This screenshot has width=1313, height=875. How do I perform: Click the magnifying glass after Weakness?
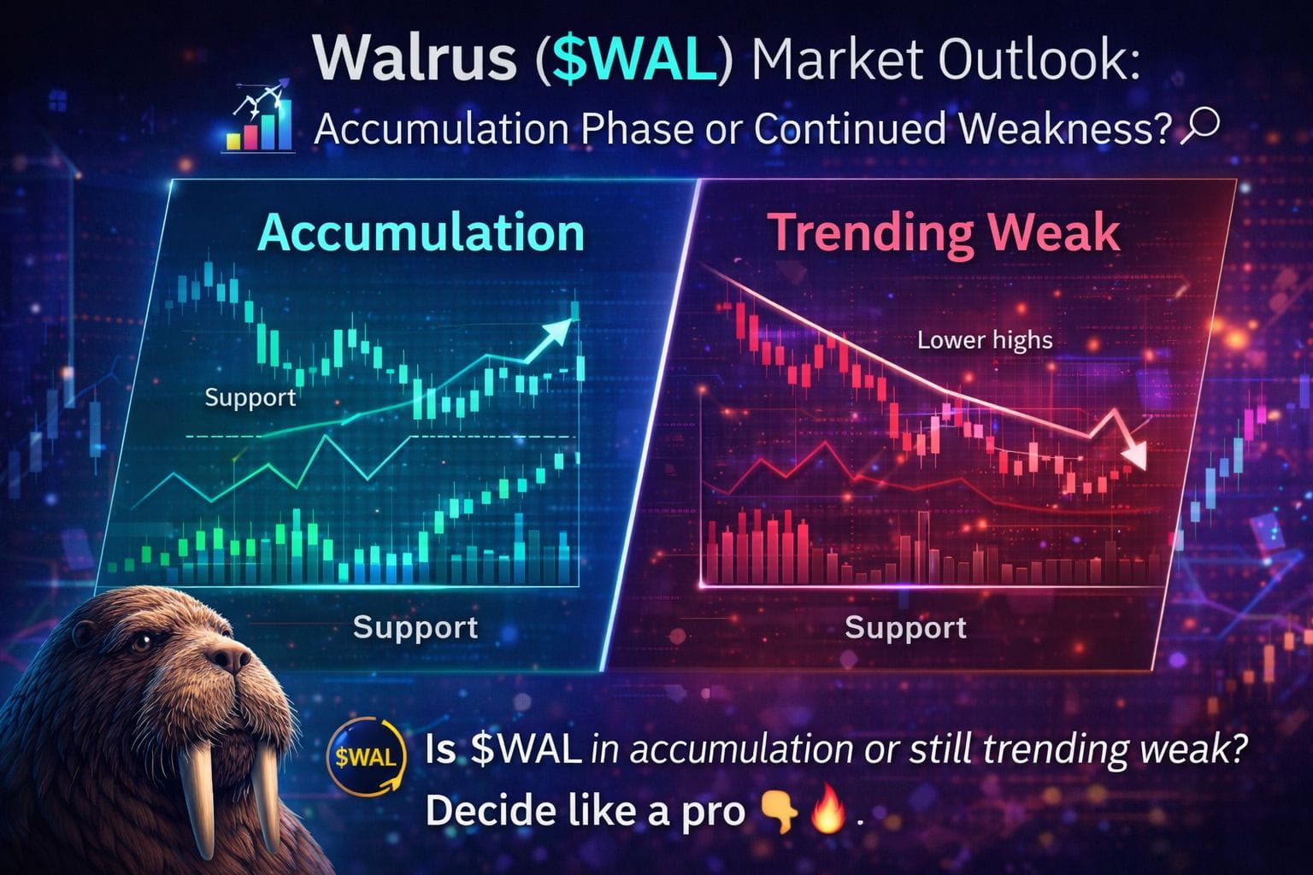(x=1198, y=126)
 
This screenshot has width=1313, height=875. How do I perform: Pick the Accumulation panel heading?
(x=421, y=233)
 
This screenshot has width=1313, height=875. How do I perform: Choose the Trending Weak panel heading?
(x=943, y=234)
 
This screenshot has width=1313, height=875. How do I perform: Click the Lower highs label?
(x=985, y=340)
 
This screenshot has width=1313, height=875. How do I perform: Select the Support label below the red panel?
(x=905, y=629)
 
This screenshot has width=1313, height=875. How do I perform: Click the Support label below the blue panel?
(x=415, y=628)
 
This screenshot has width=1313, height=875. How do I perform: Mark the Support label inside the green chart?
(x=250, y=398)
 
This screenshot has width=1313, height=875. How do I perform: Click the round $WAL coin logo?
(x=366, y=759)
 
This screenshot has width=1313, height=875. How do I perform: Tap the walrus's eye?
(x=140, y=643)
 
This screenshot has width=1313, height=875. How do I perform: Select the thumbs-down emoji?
(x=779, y=812)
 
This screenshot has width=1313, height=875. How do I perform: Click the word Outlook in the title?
(x=1039, y=59)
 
